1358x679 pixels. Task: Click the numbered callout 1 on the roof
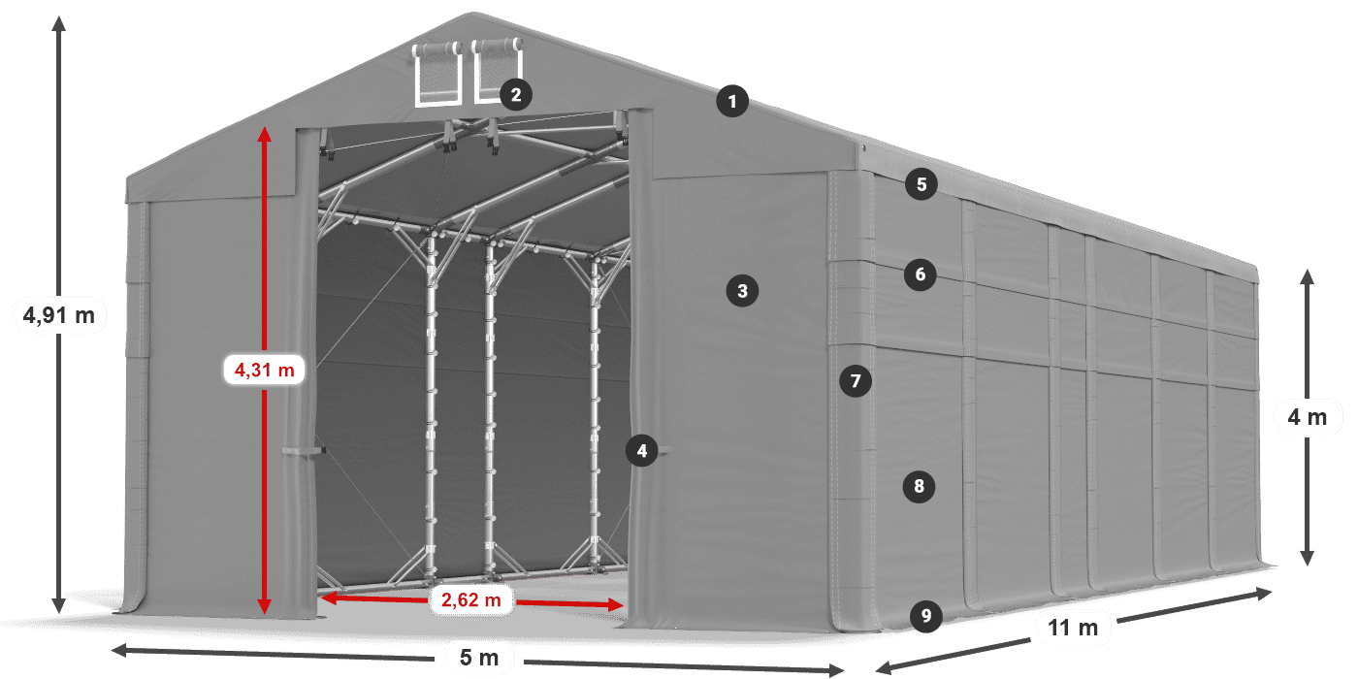coord(733,101)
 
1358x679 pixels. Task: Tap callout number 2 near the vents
coord(515,94)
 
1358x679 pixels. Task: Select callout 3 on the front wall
coord(742,290)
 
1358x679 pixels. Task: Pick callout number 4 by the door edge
coord(641,450)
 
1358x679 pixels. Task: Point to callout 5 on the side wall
coord(921,183)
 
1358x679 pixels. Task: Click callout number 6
coord(921,275)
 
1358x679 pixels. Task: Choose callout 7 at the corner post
coord(855,381)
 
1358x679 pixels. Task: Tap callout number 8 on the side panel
coord(919,486)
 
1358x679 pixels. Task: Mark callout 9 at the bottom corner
coord(926,614)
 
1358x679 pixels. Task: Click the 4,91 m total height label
coord(58,314)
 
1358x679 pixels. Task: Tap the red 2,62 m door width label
coord(470,600)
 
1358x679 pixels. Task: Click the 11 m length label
coord(1073,628)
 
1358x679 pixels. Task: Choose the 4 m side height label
coord(1307,417)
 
